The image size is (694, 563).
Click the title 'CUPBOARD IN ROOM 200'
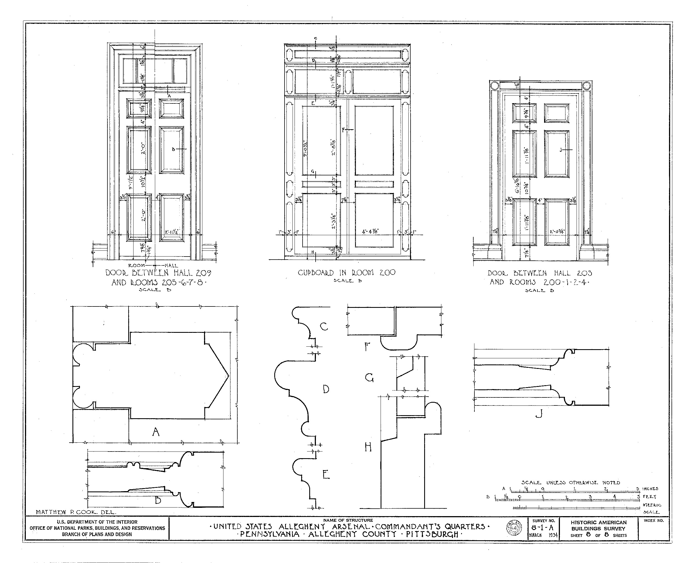tap(346, 272)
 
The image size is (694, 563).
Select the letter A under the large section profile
tap(156, 432)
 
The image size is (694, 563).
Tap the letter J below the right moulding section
tap(539, 414)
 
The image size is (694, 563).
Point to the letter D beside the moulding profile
tap(326, 389)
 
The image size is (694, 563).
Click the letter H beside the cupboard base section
tap(368, 448)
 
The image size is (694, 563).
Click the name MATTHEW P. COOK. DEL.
tap(76, 512)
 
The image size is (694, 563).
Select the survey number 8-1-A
tap(543, 528)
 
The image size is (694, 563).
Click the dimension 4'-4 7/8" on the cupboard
tap(370, 232)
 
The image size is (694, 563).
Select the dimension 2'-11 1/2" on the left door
tap(172, 232)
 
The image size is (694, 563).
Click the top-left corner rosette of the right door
tap(494, 86)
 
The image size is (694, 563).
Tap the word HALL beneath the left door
tap(171, 266)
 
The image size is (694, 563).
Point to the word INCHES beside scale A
tap(650, 489)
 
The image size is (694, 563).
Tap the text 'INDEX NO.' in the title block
tap(654, 521)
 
